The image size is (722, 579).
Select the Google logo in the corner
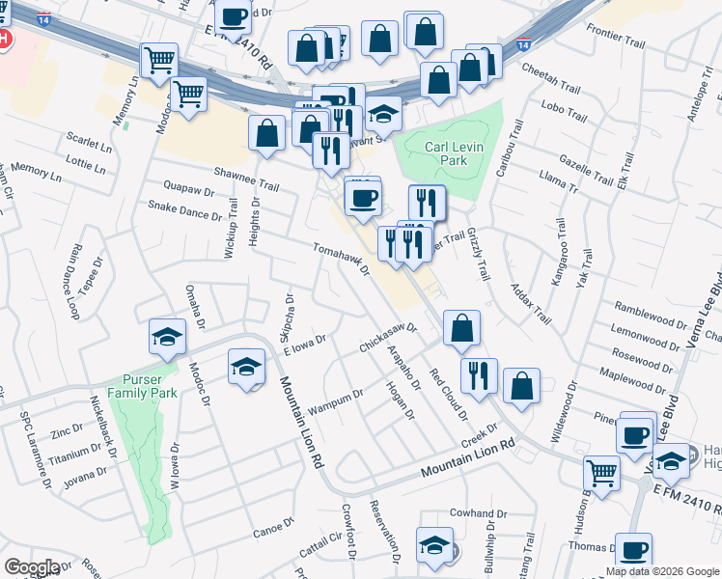tap(32, 567)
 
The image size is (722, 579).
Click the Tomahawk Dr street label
tap(342, 259)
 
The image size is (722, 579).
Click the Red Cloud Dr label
tap(448, 395)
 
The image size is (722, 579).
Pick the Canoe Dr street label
tap(272, 528)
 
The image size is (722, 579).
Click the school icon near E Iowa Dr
tap(246, 368)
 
